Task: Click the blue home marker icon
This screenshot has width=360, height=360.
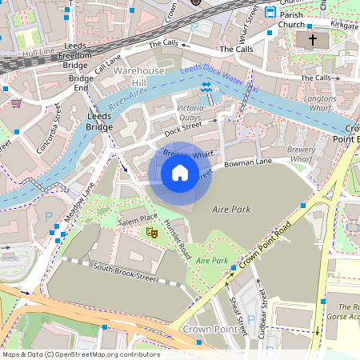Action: point(180,173)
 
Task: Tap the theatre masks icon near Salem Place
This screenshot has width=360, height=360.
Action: point(150,232)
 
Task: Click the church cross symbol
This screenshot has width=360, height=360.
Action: point(312,39)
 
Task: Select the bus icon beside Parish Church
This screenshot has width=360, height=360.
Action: point(270,12)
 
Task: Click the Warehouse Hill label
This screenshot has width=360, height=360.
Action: point(138,77)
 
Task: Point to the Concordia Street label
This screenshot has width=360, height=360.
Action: point(47,129)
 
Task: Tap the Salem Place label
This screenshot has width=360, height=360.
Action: point(138,218)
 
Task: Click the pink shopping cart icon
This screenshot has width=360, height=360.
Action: point(16,102)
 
